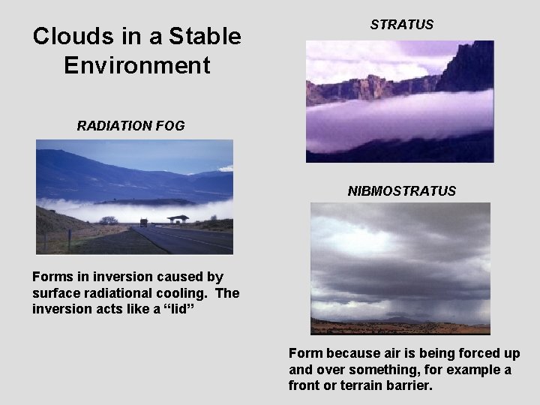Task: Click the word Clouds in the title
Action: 70,36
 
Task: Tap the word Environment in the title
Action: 137,65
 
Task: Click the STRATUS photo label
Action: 401,25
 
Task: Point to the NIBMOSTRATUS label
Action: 401,191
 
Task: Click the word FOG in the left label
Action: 170,126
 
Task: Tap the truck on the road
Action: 143,222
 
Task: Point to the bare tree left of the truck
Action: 109,220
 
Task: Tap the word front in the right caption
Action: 304,385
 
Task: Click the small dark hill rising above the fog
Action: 146,202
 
